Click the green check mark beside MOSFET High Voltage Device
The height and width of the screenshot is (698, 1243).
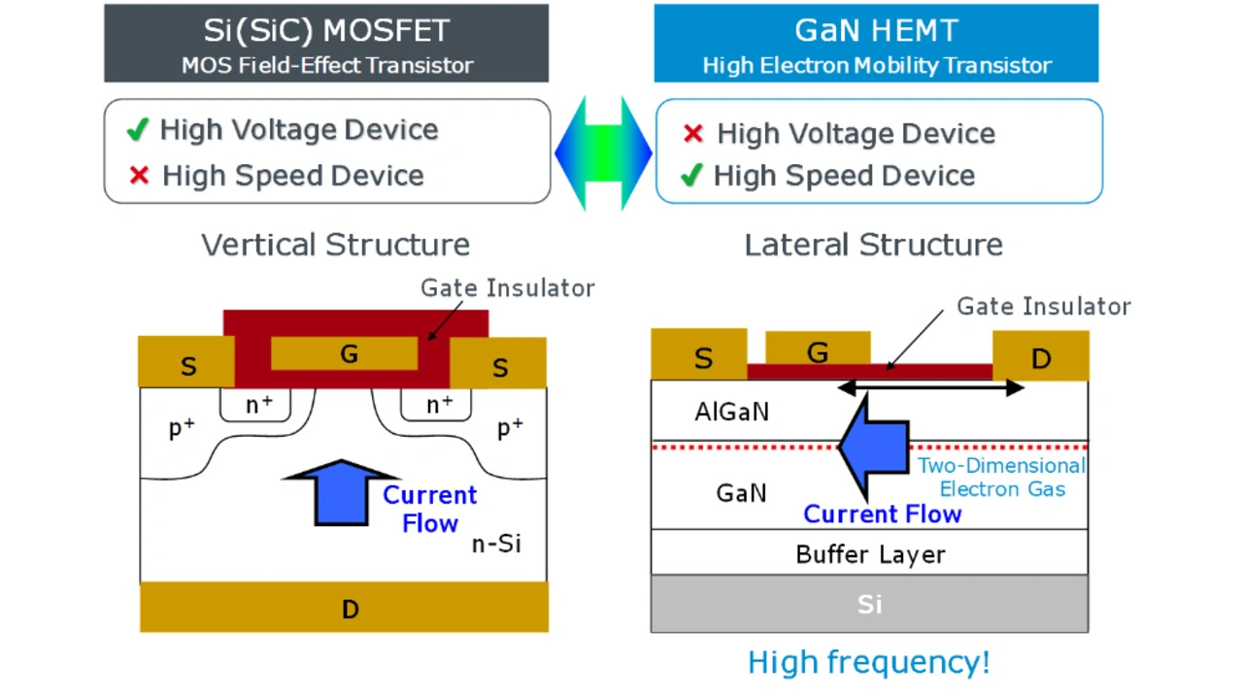138,129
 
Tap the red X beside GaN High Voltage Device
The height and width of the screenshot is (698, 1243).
692,133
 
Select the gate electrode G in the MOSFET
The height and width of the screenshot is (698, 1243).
347,354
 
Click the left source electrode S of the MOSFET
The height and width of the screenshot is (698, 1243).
187,365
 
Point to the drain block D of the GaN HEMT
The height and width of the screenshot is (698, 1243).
1040,358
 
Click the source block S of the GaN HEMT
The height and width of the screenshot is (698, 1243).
701,356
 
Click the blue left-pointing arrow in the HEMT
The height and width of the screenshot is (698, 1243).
874,446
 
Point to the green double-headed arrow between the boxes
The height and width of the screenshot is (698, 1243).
603,152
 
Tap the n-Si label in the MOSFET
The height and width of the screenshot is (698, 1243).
496,544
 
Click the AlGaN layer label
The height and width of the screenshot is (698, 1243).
731,412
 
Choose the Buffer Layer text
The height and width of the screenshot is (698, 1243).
870,554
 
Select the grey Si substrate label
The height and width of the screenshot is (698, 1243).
869,604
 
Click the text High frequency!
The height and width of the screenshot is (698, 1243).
869,662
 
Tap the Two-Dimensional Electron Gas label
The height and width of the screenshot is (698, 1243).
1001,477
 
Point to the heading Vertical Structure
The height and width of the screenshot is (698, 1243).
335,245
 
